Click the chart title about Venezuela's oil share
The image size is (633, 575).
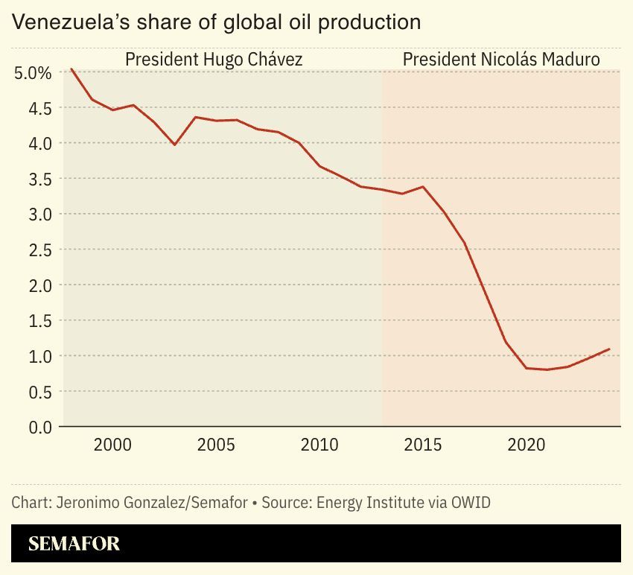(217, 22)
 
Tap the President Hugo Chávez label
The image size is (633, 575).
(214, 59)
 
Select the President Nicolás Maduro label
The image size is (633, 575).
(501, 59)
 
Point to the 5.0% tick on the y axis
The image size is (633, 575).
(33, 73)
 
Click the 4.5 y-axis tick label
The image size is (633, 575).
(38, 108)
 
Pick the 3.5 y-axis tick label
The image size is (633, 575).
(38, 179)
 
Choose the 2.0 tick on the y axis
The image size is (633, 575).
(38, 285)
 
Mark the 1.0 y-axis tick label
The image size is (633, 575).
(38, 356)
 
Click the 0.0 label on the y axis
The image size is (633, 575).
(38, 428)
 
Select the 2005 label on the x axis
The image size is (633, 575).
(217, 445)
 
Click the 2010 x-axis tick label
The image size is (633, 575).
(320, 445)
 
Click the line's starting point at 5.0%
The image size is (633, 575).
(71, 69)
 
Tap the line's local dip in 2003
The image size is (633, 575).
(174, 144)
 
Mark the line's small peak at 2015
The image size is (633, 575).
(423, 186)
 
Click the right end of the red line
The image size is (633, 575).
(610, 349)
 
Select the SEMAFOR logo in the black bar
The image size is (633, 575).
(74, 544)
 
